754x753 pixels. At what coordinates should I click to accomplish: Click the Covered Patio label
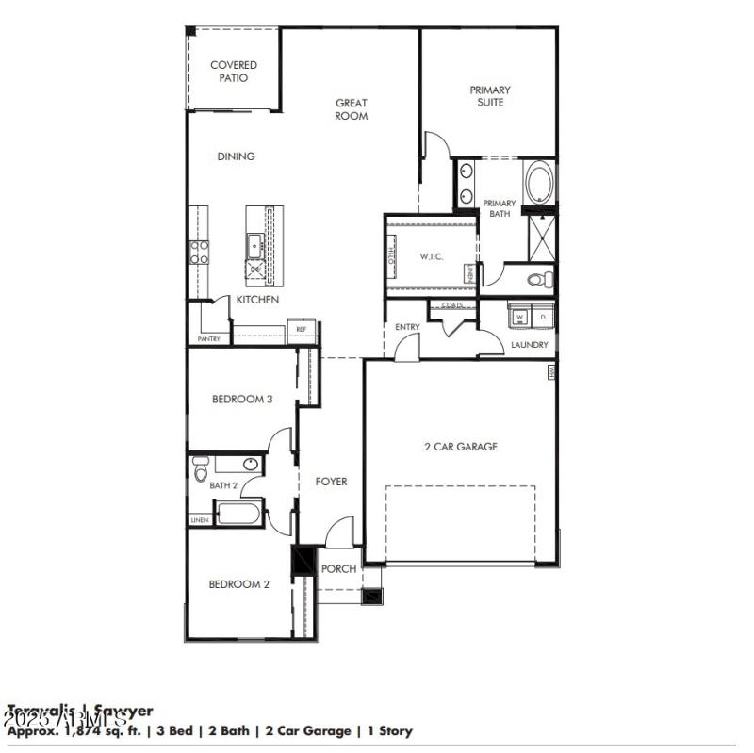(234, 72)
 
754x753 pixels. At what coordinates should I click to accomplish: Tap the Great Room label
(352, 109)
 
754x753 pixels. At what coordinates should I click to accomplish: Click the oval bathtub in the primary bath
(540, 183)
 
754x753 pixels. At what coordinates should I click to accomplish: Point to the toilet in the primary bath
(538, 279)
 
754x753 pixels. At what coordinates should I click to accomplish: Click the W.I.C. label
(432, 256)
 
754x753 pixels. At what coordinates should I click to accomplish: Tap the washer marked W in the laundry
(519, 317)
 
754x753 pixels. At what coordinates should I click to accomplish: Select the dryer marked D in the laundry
(542, 317)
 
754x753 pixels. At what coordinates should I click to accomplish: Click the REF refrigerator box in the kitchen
(302, 329)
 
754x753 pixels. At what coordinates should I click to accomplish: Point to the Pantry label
(208, 338)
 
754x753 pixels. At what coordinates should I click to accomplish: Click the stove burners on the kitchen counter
(200, 251)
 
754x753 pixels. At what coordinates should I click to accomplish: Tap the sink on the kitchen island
(254, 246)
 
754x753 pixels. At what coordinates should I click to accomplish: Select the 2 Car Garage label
(460, 447)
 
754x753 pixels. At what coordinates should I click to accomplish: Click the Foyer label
(330, 482)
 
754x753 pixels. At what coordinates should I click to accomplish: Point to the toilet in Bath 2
(200, 469)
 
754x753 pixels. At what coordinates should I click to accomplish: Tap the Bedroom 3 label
(242, 399)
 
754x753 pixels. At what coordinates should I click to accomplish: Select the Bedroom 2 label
(239, 584)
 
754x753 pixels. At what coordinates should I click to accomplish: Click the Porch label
(338, 569)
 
